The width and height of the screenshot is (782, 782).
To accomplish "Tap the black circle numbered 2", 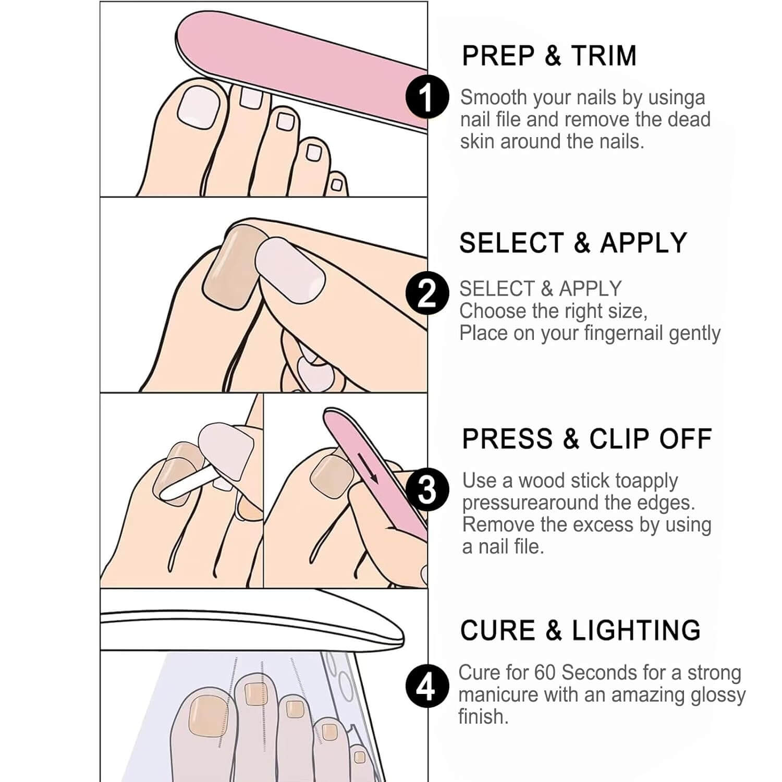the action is point(427,293).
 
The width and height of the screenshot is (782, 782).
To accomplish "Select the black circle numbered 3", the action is point(427,490).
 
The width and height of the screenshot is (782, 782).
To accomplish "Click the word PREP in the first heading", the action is point(498,56).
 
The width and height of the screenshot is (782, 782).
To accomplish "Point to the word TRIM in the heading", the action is point(604,56).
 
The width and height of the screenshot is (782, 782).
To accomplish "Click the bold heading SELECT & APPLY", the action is point(573,243).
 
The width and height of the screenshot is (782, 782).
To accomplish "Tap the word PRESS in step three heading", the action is point(507,439).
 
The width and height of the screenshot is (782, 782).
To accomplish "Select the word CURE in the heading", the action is point(498,630).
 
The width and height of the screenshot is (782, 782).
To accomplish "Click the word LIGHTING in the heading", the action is point(637,630).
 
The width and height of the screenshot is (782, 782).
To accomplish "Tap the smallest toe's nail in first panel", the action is point(337,185).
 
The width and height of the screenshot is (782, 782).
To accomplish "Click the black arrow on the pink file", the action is point(367,467).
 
